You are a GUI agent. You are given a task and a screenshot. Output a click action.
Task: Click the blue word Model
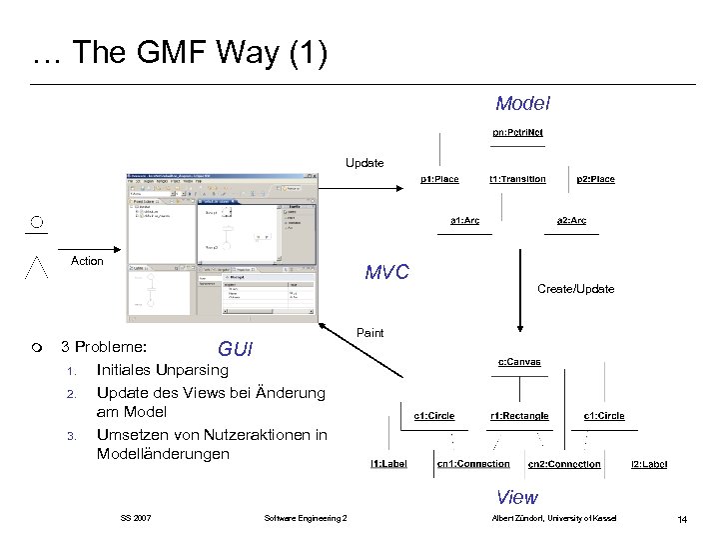pyautogui.click(x=522, y=103)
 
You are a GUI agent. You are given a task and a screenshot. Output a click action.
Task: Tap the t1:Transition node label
pyautogui.click(x=517, y=179)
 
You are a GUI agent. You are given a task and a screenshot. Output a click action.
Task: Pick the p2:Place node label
pyautogui.click(x=595, y=179)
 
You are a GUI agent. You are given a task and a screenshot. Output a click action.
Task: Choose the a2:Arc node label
pyautogui.click(x=571, y=220)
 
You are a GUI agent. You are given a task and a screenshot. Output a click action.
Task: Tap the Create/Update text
pyautogui.click(x=575, y=288)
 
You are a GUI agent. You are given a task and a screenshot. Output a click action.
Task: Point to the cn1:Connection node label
pyautogui.click(x=472, y=464)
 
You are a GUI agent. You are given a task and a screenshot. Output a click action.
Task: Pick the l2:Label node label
pyautogui.click(x=649, y=464)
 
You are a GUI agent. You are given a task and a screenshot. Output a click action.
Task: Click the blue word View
pyautogui.click(x=517, y=496)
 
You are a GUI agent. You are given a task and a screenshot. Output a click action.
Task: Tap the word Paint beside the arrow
pyautogui.click(x=369, y=333)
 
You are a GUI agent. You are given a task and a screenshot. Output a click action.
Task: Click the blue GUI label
pyautogui.click(x=236, y=350)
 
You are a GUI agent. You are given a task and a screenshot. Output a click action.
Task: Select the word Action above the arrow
pyautogui.click(x=87, y=261)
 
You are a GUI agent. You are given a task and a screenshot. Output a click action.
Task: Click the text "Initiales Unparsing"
pyautogui.click(x=162, y=370)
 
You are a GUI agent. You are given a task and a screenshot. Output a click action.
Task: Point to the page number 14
pyautogui.click(x=681, y=517)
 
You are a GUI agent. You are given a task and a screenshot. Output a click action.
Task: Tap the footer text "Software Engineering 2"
pyautogui.click(x=306, y=517)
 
